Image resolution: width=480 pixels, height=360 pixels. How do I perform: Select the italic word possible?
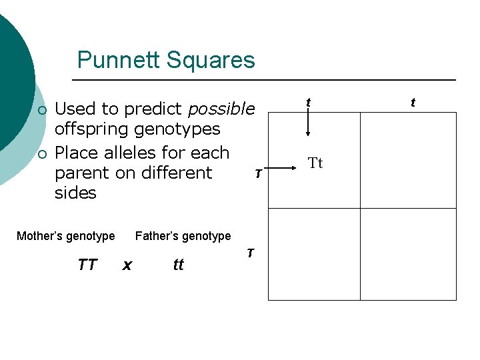tap(222, 109)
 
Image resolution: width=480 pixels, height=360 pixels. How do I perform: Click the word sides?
tap(75, 193)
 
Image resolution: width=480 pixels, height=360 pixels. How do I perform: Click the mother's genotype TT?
tap(87, 265)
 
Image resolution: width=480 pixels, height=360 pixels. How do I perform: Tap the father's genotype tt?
tap(178, 265)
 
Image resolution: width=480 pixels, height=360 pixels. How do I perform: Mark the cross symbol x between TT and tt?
tap(127, 265)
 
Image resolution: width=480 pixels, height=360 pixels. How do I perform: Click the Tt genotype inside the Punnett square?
tap(315, 163)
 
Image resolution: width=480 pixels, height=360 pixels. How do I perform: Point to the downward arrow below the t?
tap(308, 124)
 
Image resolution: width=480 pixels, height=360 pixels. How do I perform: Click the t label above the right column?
tap(413, 103)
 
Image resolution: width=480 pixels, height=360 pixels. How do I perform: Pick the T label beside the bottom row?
tap(250, 253)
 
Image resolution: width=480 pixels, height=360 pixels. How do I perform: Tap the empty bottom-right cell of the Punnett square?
tap(408, 255)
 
